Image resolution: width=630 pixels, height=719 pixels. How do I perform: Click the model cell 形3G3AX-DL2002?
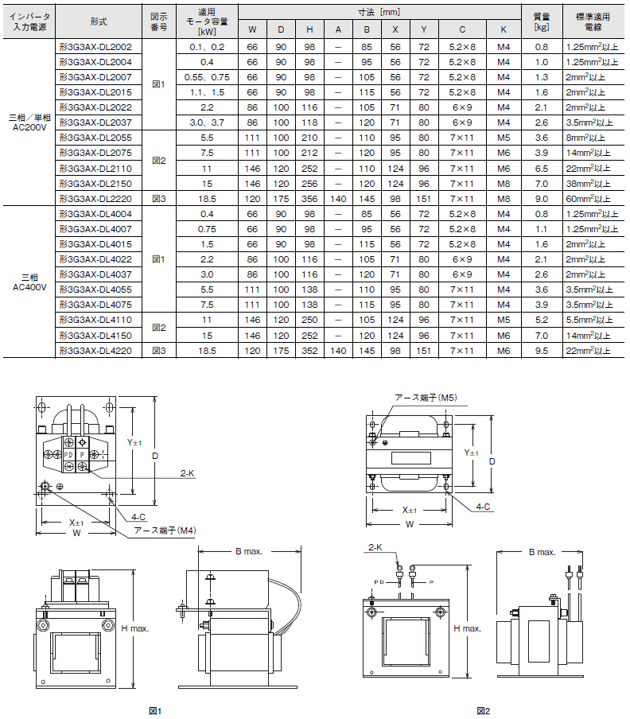click(x=95, y=47)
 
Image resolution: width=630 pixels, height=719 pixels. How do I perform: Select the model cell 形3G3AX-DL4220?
click(x=95, y=351)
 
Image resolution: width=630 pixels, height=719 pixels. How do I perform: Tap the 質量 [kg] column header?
click(x=542, y=21)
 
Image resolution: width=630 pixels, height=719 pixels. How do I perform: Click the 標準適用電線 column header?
click(x=593, y=21)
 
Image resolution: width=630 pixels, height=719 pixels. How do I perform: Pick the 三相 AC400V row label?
click(x=29, y=282)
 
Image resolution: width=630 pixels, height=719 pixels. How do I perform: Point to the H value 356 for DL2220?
click(x=309, y=199)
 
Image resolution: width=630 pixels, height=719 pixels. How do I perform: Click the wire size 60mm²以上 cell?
click(x=588, y=199)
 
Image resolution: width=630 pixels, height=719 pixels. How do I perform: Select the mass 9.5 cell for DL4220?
click(x=542, y=351)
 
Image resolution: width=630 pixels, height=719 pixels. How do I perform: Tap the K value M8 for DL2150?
click(x=504, y=184)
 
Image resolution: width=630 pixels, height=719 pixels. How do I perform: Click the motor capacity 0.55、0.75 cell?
click(x=207, y=77)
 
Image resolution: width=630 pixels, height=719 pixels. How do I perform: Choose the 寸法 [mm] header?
click(x=379, y=13)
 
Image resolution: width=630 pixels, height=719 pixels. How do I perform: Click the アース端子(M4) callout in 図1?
click(x=165, y=531)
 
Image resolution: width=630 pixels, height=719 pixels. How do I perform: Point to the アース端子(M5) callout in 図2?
click(x=426, y=398)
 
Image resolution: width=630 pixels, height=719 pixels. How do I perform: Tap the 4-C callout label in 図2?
click(x=484, y=507)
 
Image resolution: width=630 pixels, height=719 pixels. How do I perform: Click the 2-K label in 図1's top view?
click(x=188, y=473)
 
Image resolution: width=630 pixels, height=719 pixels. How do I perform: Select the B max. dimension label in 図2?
click(x=542, y=552)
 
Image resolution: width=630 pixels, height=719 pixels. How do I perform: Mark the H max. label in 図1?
click(x=134, y=628)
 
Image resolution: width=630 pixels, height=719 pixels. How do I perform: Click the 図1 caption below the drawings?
click(x=155, y=711)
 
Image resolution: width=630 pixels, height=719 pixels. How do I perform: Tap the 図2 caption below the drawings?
click(x=484, y=711)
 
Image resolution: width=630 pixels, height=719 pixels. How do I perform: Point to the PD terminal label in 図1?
click(x=68, y=455)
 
